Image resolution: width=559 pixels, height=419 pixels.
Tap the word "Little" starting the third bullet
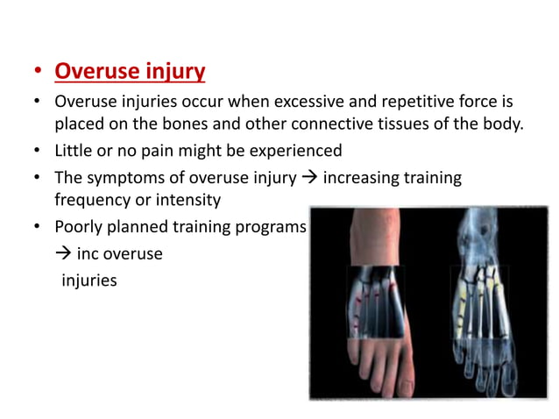click(x=74, y=150)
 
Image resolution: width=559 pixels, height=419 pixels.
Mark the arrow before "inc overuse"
click(x=63, y=254)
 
